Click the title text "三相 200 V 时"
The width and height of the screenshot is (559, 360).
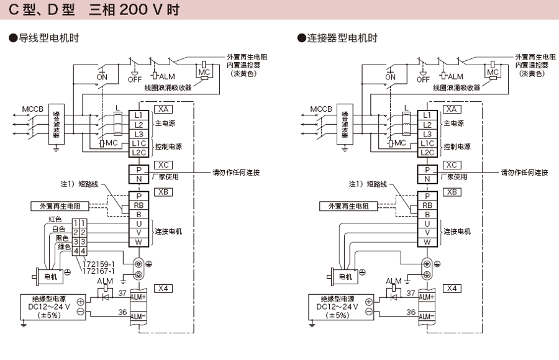click(134, 11)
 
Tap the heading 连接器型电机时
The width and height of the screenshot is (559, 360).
click(340, 38)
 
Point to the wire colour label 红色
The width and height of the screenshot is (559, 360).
click(55, 219)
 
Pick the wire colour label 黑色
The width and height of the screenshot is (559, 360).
click(61, 238)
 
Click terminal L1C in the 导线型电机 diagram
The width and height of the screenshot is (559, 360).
click(138, 143)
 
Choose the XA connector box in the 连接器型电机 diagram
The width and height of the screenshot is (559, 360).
click(452, 109)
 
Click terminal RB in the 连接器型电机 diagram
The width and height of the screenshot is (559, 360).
click(427, 205)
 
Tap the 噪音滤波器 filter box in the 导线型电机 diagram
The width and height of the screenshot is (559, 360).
click(57, 125)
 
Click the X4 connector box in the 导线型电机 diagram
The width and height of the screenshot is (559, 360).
click(163, 289)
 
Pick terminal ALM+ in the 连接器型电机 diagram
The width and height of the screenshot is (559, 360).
click(427, 297)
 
